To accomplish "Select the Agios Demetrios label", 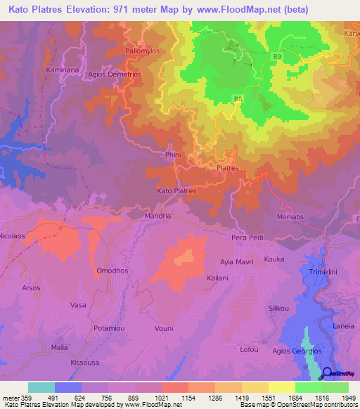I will [115, 73].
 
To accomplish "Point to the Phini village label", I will [172, 156].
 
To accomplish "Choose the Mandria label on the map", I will [157, 216].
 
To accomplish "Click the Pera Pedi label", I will [247, 238].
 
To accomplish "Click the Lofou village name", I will [249, 349].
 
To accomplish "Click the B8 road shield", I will [238, 99].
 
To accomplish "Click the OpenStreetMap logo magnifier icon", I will [327, 372].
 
